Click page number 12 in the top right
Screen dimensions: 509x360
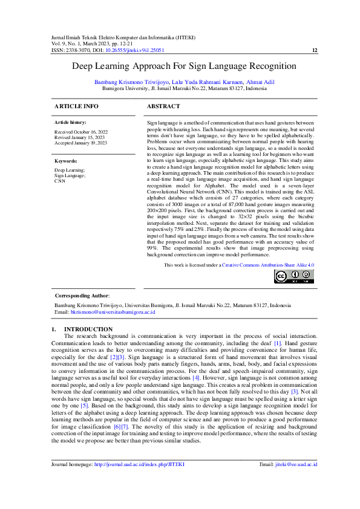click(314, 51)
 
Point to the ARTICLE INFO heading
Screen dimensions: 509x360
click(76, 106)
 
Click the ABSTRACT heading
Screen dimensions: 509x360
click(163, 106)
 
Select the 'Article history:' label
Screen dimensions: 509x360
click(70, 123)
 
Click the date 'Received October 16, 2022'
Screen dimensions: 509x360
click(81, 132)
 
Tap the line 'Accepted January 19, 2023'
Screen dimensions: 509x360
click(80, 143)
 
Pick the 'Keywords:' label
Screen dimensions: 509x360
click(66, 161)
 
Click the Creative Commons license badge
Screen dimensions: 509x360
click(293, 277)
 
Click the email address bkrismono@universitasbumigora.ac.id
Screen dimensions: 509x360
click(113, 313)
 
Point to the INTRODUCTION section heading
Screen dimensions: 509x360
click(88, 329)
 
